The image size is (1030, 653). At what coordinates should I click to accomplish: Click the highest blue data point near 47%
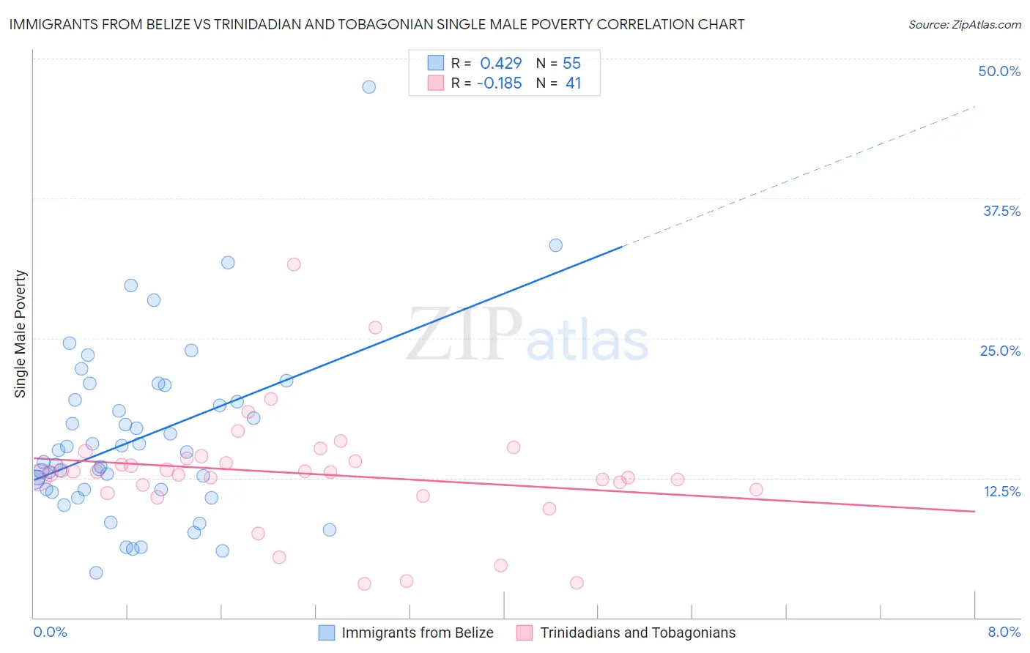tap(369, 87)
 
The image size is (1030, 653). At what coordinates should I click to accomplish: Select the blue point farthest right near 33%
tap(556, 245)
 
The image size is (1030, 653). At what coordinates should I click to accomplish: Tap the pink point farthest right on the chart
tap(756, 490)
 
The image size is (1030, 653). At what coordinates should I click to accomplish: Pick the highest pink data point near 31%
tap(294, 264)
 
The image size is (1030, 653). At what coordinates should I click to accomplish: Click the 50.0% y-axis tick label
tap(999, 71)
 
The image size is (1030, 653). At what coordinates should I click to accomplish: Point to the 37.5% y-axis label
tap(1001, 211)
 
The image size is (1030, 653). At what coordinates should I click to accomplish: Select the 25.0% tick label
tap(1000, 351)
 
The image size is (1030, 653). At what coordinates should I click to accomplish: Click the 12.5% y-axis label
tap(1001, 491)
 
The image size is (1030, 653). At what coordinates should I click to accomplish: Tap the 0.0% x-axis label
tap(50, 632)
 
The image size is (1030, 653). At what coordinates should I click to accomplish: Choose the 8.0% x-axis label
tap(1004, 632)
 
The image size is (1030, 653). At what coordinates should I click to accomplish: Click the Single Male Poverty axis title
tap(21, 334)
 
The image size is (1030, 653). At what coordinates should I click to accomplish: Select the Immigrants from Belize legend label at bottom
tap(418, 633)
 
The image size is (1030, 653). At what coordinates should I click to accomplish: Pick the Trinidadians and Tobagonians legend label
tap(637, 633)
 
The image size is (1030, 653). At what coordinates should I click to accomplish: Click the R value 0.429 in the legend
tap(501, 63)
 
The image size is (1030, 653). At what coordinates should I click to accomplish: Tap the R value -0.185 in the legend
tap(499, 83)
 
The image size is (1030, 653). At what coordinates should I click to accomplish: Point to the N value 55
tap(571, 63)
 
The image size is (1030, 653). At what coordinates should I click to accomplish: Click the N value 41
tap(573, 83)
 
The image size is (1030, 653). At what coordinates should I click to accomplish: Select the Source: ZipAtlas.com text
tap(964, 25)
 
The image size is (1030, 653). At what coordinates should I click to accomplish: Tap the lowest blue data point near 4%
tap(96, 572)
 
